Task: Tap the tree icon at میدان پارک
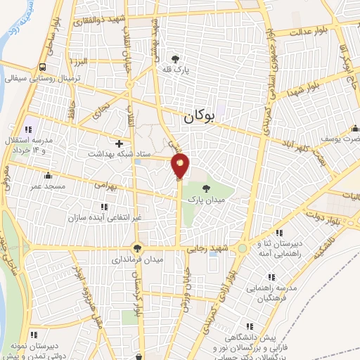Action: click(205, 188)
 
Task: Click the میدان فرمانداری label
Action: click(137, 259)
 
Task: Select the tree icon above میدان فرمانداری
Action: click(137, 247)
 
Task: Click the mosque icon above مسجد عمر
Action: click(48, 176)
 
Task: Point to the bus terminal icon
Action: click(44, 67)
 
